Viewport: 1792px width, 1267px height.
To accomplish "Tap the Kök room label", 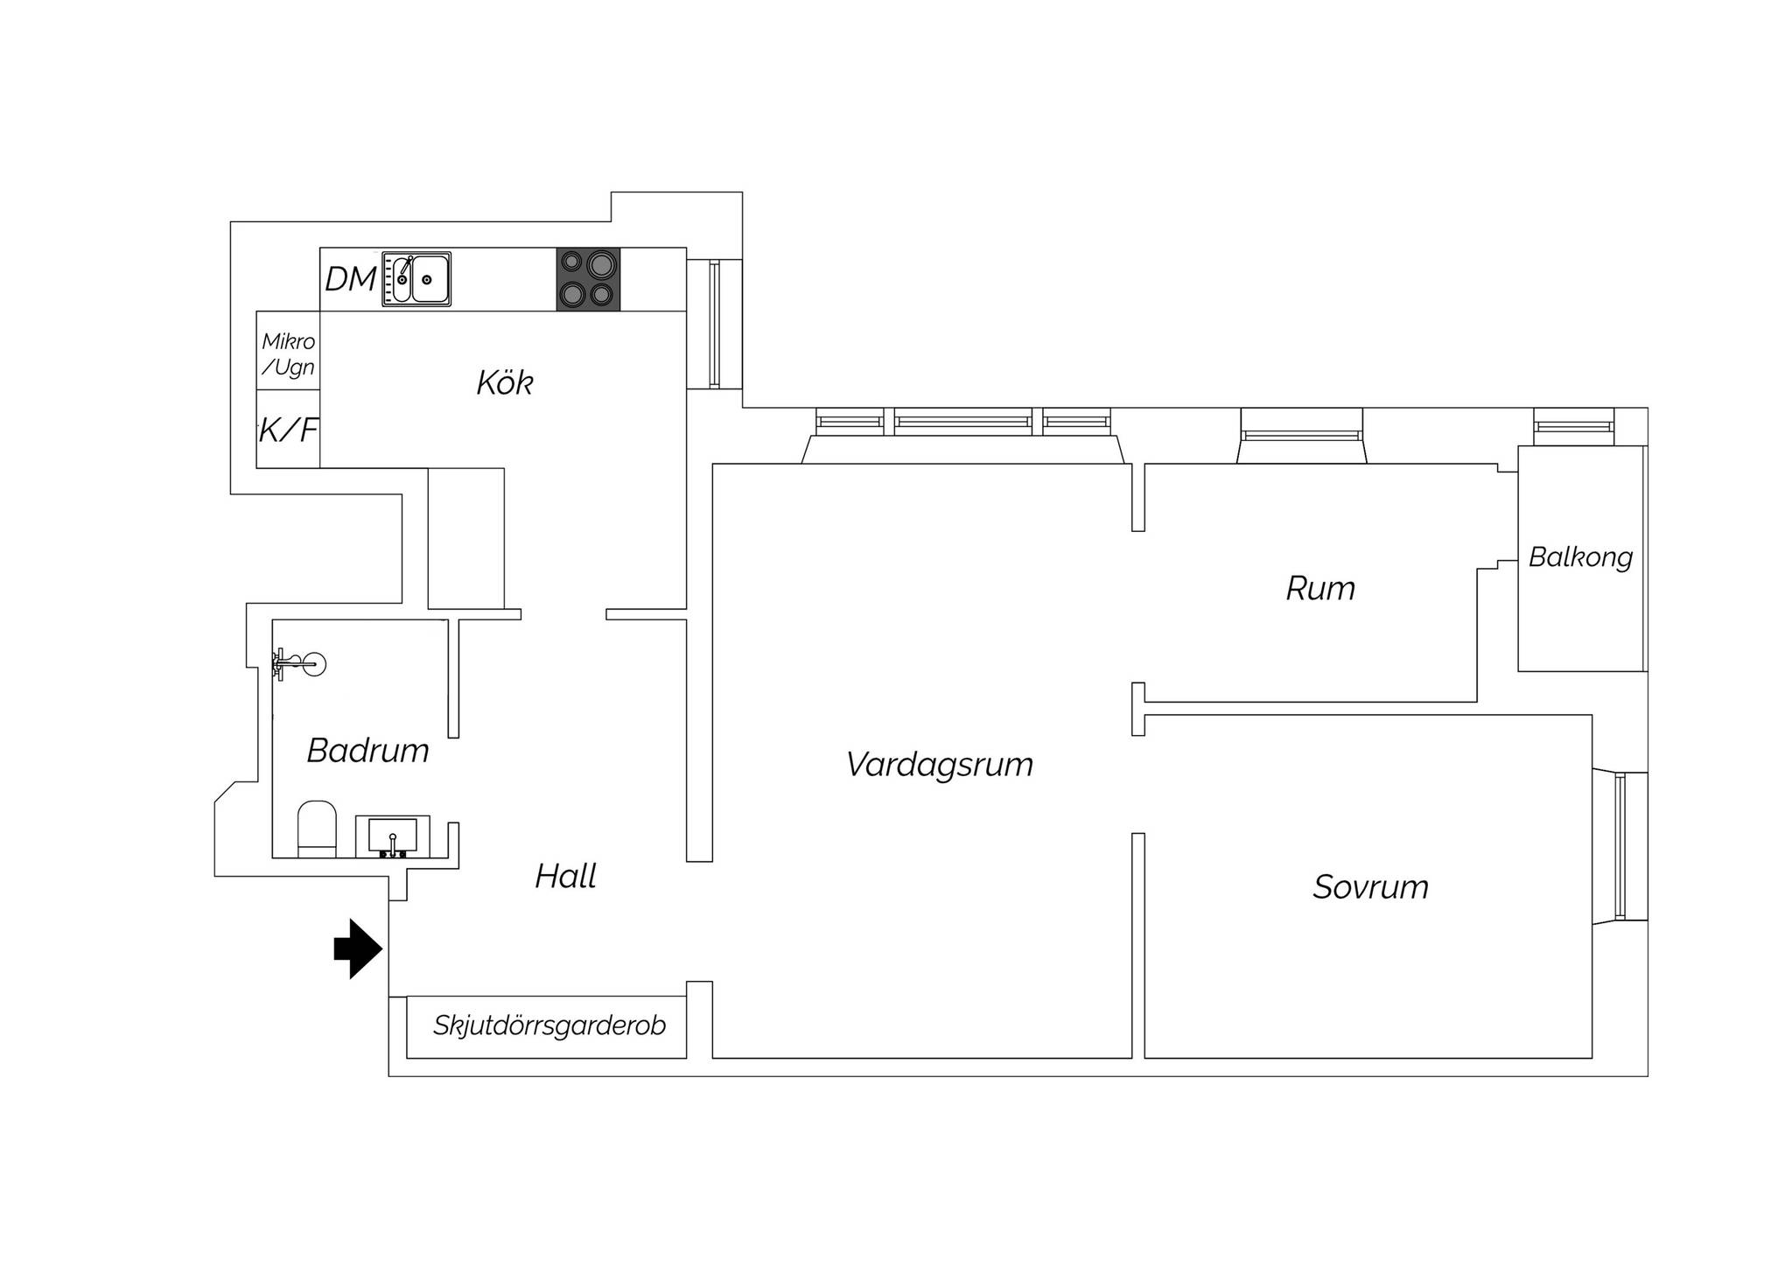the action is point(505,382).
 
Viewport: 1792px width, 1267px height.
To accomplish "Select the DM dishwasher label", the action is point(350,279).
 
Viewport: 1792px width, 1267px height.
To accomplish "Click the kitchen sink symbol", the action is point(416,279).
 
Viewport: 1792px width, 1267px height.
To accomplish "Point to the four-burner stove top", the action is point(588,279).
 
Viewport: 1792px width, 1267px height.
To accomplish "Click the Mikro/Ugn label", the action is point(288,353).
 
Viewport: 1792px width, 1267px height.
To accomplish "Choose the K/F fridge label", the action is point(288,430).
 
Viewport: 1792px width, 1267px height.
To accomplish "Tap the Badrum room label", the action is point(367,751).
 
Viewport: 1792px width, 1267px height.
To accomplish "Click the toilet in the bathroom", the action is point(317,829).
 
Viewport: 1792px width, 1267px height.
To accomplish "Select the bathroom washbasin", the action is point(392,836).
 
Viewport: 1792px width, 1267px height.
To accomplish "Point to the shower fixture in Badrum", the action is point(297,665).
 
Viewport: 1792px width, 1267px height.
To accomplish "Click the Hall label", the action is point(565,876).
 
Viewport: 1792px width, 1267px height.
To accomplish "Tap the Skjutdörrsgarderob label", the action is point(549,1025).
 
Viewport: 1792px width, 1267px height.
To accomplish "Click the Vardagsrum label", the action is point(940,765).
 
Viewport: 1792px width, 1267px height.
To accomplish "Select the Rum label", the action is point(1320,589).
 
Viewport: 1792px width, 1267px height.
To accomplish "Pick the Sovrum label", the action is point(1370,887).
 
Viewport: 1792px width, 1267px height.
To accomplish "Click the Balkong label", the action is point(1580,557).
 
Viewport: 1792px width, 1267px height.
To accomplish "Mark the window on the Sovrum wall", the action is point(1621,846).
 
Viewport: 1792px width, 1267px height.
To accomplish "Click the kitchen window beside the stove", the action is point(715,324).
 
